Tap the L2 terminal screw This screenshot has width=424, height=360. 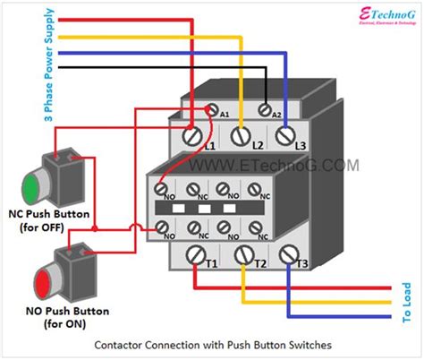coord(239,137)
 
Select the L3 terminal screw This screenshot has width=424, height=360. coord(285,136)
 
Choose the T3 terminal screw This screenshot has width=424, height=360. coord(288,256)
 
